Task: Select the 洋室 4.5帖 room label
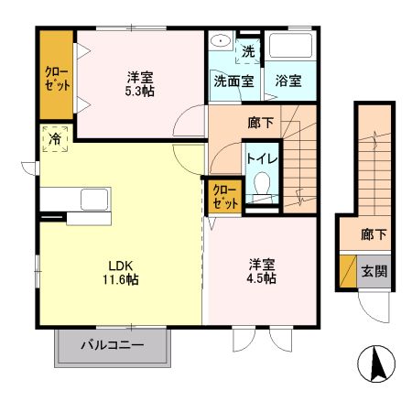pyautogui.click(x=261, y=272)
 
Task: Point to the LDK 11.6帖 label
pyautogui.click(x=119, y=272)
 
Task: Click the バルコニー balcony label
pyautogui.click(x=112, y=345)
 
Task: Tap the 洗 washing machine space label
pyautogui.click(x=247, y=51)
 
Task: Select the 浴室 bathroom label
pyautogui.click(x=290, y=80)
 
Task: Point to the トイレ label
pyautogui.click(x=262, y=157)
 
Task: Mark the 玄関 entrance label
pyautogui.click(x=373, y=271)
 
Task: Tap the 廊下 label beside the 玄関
pyautogui.click(x=373, y=235)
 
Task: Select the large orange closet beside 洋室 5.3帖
pyautogui.click(x=55, y=76)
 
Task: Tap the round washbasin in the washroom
pyautogui.click(x=221, y=42)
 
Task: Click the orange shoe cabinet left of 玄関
pyautogui.click(x=347, y=272)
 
